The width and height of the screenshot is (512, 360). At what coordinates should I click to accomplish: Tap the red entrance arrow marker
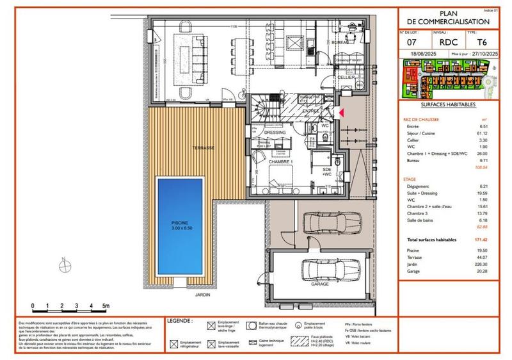point(341,113)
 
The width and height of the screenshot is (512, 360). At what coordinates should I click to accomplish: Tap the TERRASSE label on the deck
point(202,147)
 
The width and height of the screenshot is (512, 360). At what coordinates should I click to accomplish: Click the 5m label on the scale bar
point(107,307)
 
